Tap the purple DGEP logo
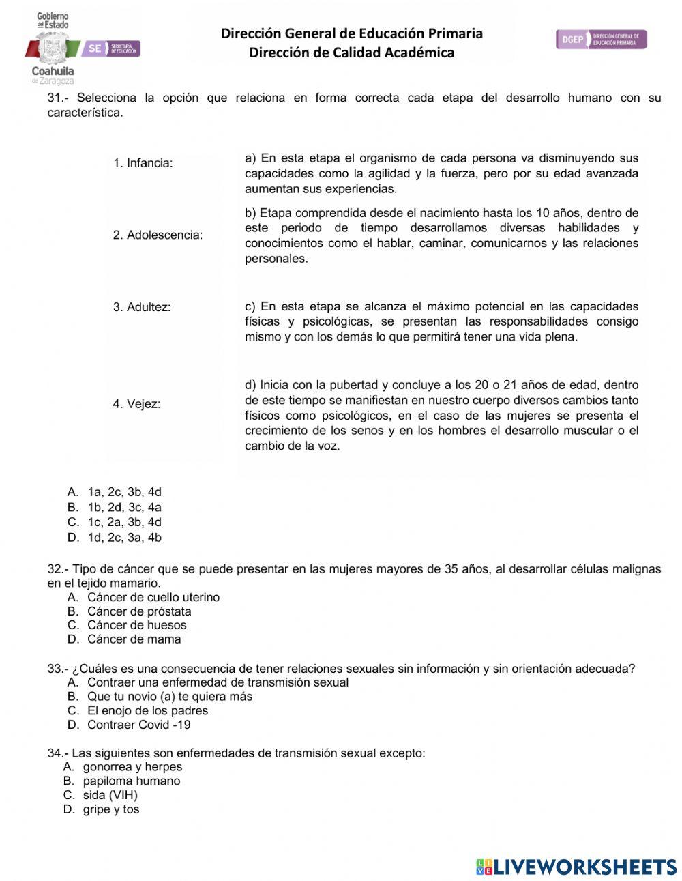click(601, 40)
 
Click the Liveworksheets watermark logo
click(576, 867)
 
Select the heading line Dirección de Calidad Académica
click(351, 53)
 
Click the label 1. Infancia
click(143, 163)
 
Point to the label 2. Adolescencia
click(158, 235)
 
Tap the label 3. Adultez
click(142, 308)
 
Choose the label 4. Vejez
click(136, 404)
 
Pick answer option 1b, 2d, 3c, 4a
click(124, 508)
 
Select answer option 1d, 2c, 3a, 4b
click(124, 538)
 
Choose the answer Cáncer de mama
click(134, 639)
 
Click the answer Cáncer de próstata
click(139, 611)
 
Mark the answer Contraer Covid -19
click(139, 725)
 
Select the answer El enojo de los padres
click(147, 710)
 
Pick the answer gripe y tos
click(111, 809)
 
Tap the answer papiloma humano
click(132, 781)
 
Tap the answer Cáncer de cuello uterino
click(153, 597)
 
